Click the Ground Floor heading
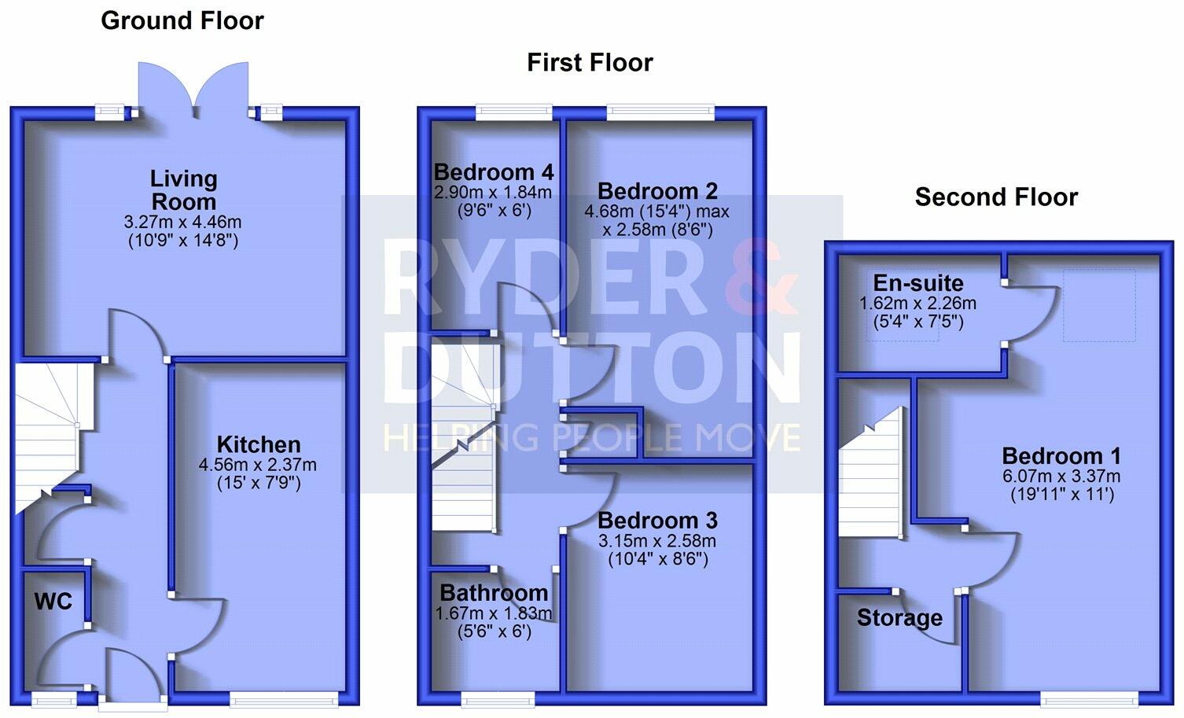click(182, 20)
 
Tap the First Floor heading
click(590, 62)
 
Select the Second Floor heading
click(996, 197)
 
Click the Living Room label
click(184, 190)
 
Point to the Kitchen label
click(259, 444)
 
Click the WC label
click(53, 602)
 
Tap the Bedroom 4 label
click(494, 172)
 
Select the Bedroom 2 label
click(657, 191)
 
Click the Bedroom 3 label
click(657, 521)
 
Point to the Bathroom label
click(494, 593)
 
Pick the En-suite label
click(918, 283)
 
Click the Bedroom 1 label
click(1061, 456)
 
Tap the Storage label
click(899, 618)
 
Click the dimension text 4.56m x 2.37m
click(258, 465)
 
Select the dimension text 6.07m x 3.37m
click(1061, 476)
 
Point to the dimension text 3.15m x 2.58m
click(657, 541)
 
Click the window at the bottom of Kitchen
click(284, 698)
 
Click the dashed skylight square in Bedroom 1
click(1099, 306)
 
